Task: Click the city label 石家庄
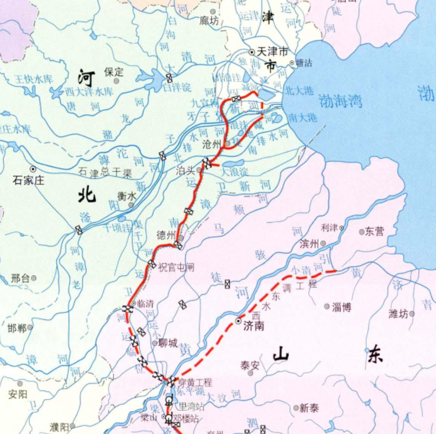click(28, 180)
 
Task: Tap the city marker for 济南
click(239, 321)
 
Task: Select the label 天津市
click(273, 52)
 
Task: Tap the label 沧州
click(214, 143)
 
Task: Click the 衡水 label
click(126, 196)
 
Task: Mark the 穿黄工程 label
click(195, 383)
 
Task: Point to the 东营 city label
click(375, 232)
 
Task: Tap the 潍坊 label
click(398, 313)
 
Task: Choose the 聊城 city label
click(168, 343)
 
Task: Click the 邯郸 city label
click(17, 328)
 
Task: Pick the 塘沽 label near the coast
click(304, 63)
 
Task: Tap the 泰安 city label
click(249, 365)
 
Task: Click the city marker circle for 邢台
click(34, 278)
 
